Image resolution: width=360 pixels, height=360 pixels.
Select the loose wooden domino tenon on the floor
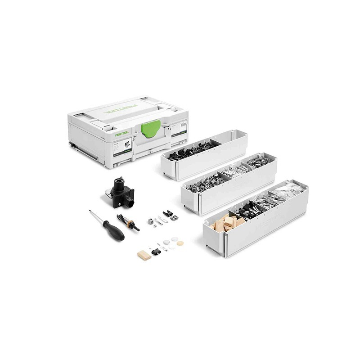(x=144, y=255)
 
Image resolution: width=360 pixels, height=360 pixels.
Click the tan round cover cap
(x=180, y=243)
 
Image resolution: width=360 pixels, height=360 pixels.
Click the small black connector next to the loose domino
(x=155, y=251)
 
